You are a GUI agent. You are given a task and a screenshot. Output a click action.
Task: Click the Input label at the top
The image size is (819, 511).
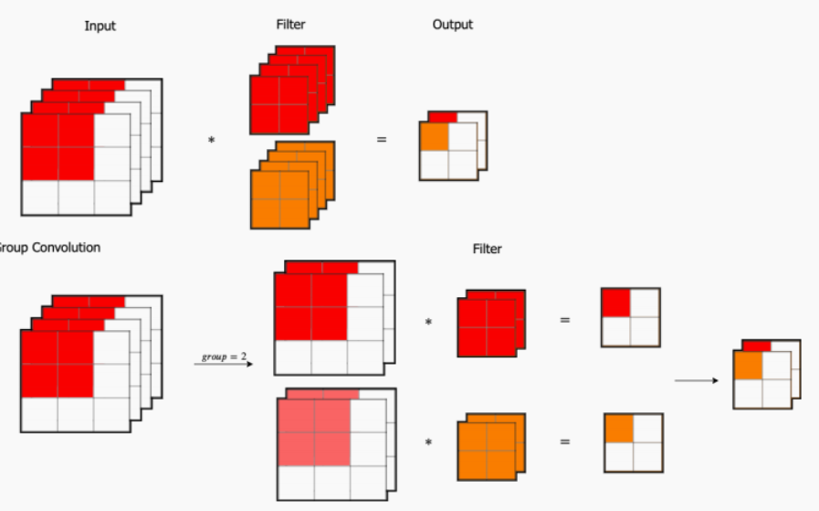tap(100, 26)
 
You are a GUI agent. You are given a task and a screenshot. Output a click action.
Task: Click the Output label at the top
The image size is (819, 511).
tap(452, 25)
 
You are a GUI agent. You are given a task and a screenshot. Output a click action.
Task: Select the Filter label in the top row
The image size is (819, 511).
tap(290, 25)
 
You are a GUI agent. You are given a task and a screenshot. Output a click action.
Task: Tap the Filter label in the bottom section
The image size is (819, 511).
tap(487, 249)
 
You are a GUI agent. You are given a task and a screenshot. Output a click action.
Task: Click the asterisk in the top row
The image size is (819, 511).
tap(212, 141)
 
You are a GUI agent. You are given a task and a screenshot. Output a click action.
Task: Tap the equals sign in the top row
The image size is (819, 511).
tap(382, 140)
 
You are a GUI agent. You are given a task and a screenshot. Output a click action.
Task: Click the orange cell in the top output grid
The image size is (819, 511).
tap(435, 136)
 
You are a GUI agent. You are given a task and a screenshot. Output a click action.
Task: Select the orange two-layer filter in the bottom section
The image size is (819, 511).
tap(487, 449)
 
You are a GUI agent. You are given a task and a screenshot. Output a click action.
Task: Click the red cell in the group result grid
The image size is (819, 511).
tap(615, 303)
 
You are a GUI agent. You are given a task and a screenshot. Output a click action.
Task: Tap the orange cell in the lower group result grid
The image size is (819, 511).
tap(618, 428)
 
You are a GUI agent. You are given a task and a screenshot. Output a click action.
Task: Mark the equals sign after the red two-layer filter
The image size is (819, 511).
tap(564, 321)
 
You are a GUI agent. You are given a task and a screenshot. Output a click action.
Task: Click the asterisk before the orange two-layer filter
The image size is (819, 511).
tap(428, 443)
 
